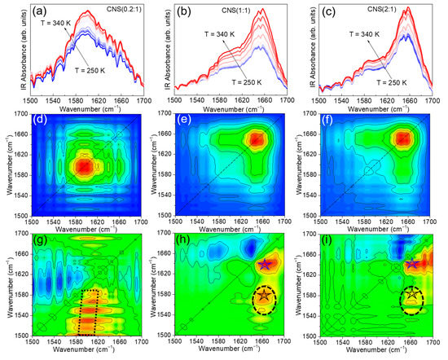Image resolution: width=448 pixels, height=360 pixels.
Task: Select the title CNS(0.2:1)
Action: coord(119,11)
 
